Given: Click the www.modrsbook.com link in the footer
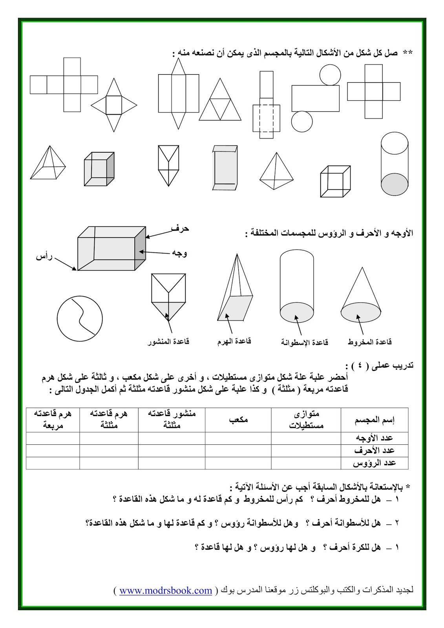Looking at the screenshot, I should pyautogui.click(x=165, y=590).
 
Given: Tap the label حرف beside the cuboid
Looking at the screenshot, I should pyautogui.click(x=180, y=228).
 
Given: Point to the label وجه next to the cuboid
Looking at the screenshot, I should pyautogui.click(x=179, y=252).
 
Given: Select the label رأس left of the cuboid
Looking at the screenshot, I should pyautogui.click(x=44, y=257).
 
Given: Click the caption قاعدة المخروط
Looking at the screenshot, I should pyautogui.click(x=370, y=342).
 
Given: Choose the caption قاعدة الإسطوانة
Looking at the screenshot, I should pyautogui.click(x=304, y=342).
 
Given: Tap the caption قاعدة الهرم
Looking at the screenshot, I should pyautogui.click(x=234, y=341).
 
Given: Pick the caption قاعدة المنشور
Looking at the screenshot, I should pyautogui.click(x=168, y=341).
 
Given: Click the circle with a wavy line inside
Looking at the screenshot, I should pyautogui.click(x=80, y=318).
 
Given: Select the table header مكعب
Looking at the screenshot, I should pyautogui.click(x=238, y=420).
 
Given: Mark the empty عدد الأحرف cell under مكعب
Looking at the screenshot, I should pyautogui.click(x=238, y=451).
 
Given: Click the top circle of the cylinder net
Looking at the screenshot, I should pyautogui.click(x=329, y=75).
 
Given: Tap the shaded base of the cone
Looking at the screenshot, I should pyautogui.click(x=360, y=313).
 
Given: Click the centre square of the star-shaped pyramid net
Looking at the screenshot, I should pyautogui.click(x=114, y=105).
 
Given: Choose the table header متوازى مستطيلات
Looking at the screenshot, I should pyautogui.click(x=306, y=420).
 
